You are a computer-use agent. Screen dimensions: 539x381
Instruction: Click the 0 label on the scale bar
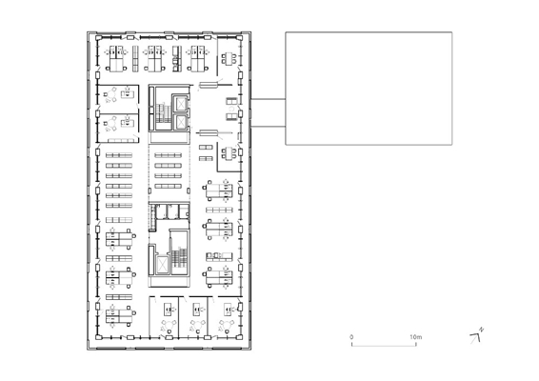[x=351, y=337]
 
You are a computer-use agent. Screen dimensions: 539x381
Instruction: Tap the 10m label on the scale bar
[x=415, y=337]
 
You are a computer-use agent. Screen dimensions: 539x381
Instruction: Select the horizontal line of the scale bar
[x=384, y=345]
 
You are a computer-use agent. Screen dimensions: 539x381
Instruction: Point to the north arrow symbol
[x=475, y=338]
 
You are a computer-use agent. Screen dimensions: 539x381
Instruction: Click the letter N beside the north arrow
[x=482, y=330]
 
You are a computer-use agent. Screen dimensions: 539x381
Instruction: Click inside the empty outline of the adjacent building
[x=369, y=89]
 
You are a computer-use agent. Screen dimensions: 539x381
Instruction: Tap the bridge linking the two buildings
[x=268, y=112]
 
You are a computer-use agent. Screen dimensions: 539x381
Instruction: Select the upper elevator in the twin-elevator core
[x=181, y=104]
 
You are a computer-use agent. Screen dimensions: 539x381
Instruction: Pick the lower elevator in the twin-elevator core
[x=181, y=121]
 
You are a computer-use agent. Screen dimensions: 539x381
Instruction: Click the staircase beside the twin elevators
[x=163, y=112]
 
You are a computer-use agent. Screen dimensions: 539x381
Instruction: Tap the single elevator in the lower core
[x=162, y=264]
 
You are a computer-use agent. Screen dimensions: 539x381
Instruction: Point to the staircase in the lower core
[x=179, y=258]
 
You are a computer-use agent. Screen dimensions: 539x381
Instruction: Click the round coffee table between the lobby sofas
[x=231, y=109]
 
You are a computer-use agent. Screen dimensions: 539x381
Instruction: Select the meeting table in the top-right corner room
[x=229, y=58]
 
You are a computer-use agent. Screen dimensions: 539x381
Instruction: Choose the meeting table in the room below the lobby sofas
[x=229, y=152]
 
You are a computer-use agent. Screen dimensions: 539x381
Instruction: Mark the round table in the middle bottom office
[x=197, y=324]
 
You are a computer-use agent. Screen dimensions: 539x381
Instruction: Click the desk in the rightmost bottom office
[x=228, y=310]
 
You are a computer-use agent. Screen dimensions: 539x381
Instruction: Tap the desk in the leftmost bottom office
[x=168, y=310]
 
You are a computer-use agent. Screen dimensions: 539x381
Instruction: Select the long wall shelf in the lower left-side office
[x=121, y=140]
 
